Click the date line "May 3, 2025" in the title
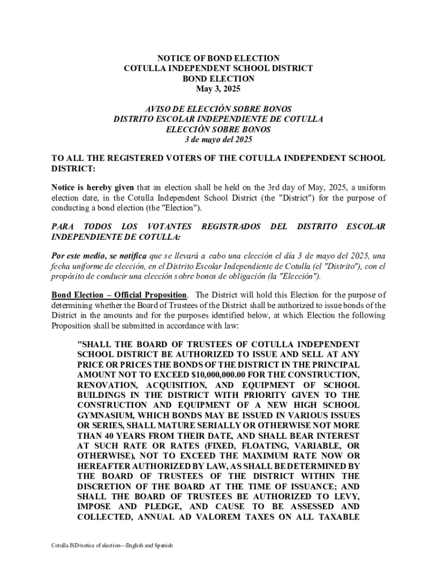tap(218, 89)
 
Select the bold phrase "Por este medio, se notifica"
tap(99, 256)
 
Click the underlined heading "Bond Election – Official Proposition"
tap(119, 295)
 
